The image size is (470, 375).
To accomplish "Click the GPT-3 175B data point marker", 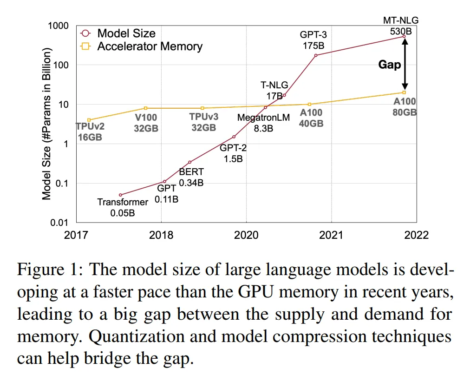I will click(316, 55).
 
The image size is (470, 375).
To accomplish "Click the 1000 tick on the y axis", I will click(59, 26).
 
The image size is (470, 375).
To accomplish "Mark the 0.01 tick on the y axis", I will click(59, 222).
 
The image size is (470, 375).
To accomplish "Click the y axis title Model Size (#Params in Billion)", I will click(46, 124).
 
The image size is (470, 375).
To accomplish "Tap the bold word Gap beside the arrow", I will click(389, 64).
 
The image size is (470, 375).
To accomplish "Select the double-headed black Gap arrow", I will click(405, 64).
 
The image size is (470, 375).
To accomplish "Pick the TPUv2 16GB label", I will click(89, 132).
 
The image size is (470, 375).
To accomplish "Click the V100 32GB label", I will click(146, 123).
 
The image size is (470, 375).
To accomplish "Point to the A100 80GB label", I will click(405, 107).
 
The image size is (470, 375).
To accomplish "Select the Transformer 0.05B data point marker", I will click(120, 195).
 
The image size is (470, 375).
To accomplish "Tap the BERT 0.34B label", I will click(191, 177).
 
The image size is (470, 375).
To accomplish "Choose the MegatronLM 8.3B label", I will click(263, 123).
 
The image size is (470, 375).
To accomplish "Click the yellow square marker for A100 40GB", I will click(310, 104).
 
